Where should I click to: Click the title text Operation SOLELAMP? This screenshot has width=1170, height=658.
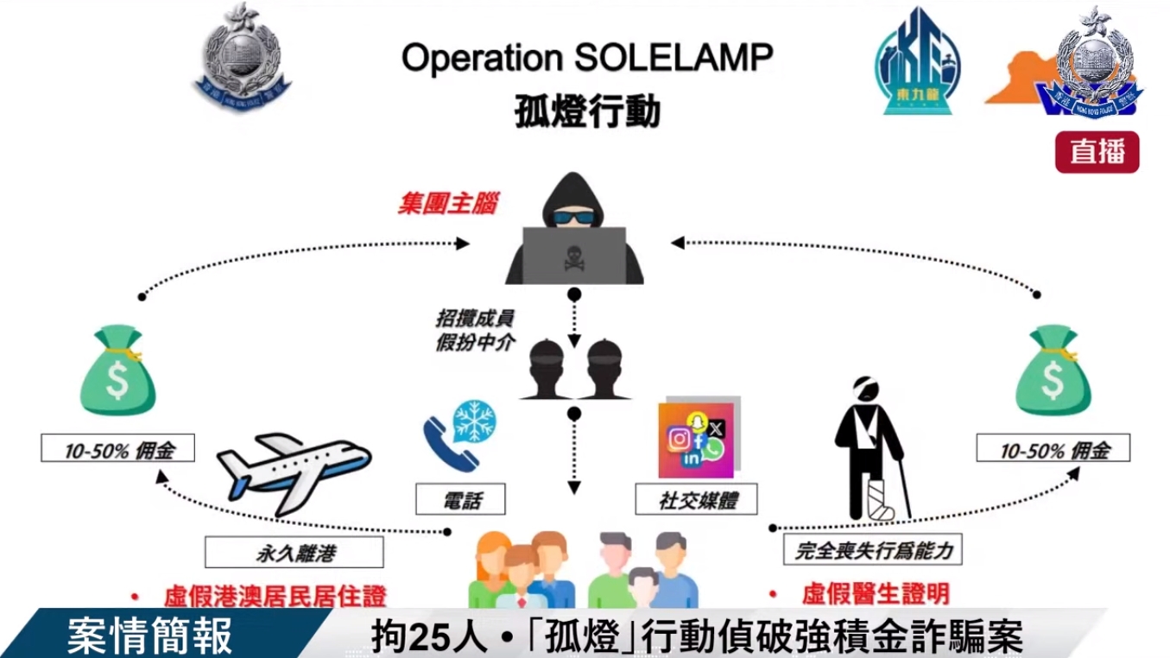[586, 59]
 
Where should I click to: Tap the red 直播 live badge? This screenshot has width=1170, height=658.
[1097, 153]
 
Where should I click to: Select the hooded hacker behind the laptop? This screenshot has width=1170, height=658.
[573, 230]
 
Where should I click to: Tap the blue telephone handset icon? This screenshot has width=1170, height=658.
[447, 445]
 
